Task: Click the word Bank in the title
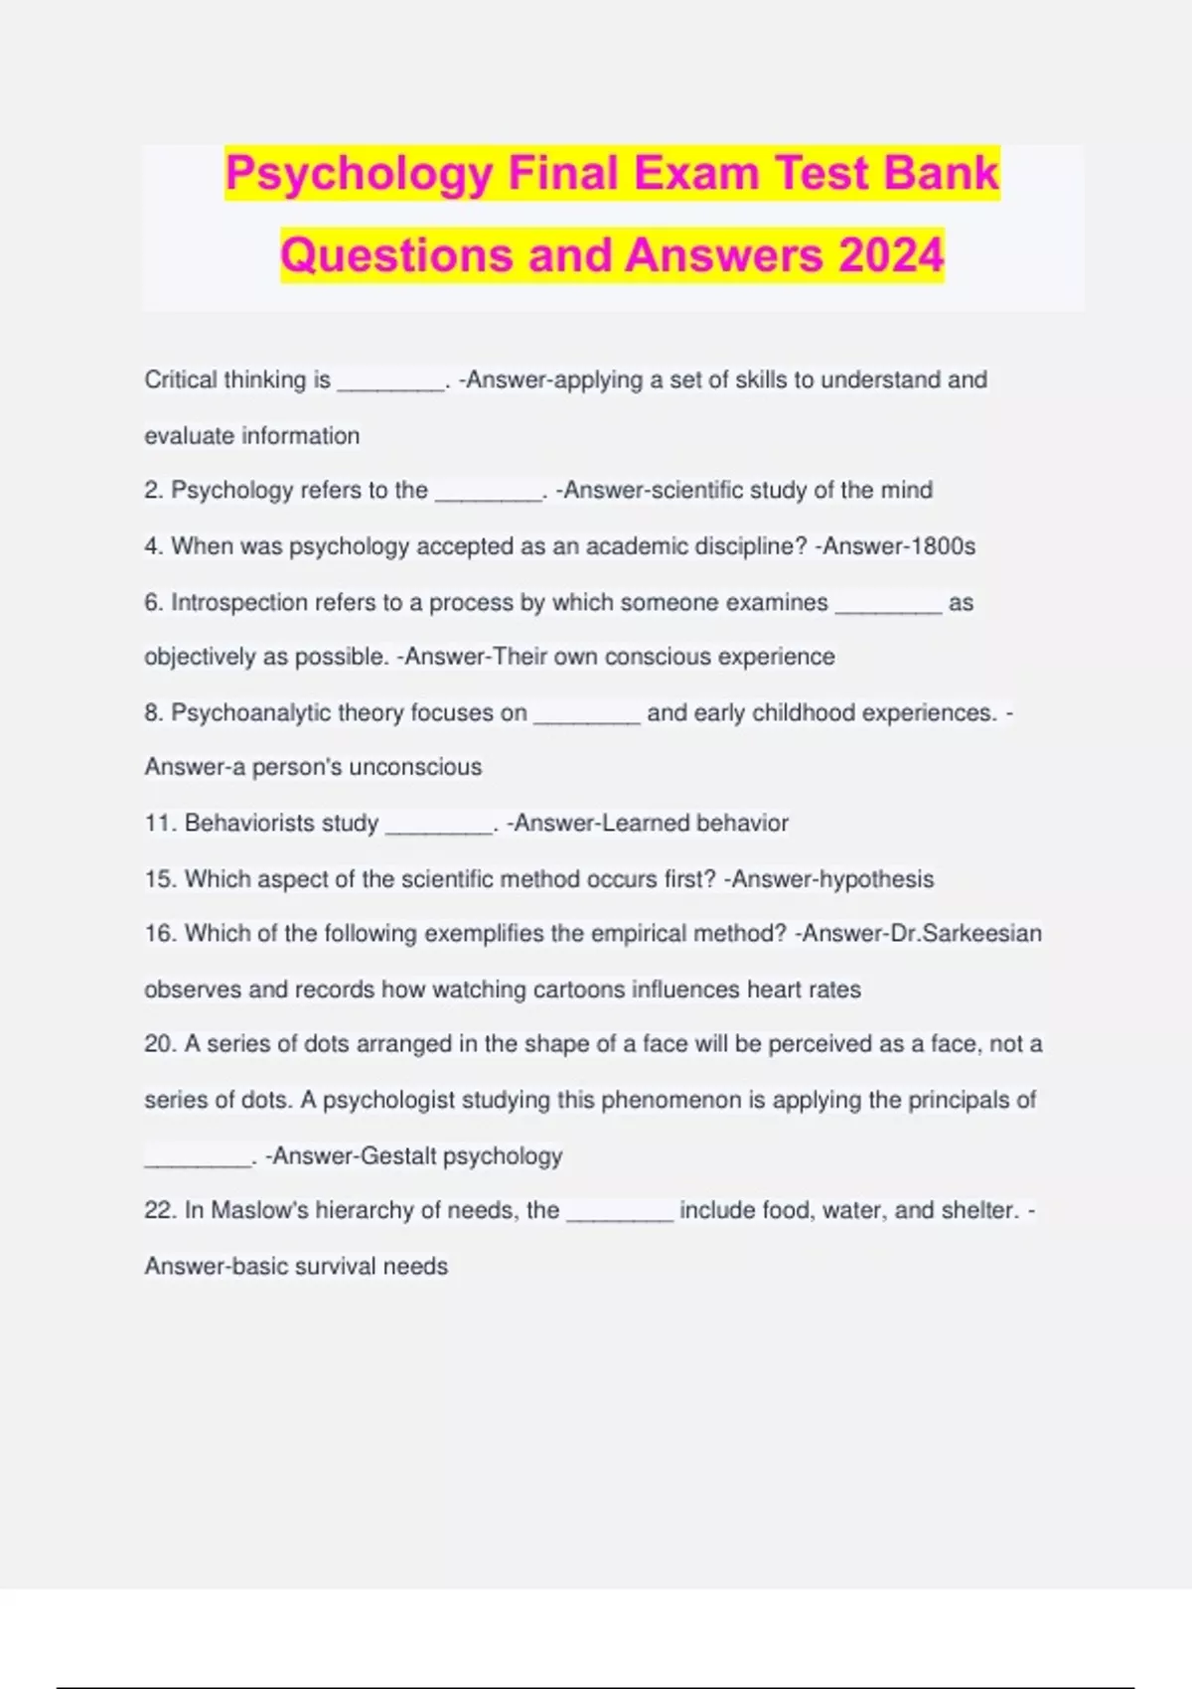click(x=941, y=173)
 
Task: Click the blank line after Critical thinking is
click(x=391, y=387)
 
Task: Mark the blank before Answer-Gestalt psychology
click(x=198, y=1163)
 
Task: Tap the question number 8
click(x=152, y=713)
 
